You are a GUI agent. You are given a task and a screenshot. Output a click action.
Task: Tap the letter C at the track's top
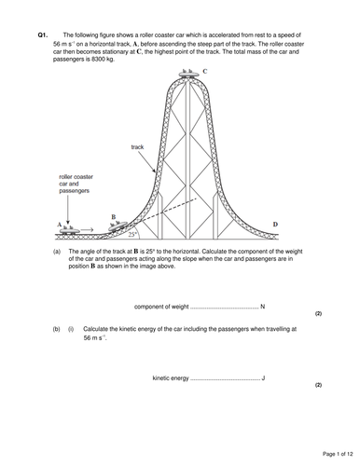205,71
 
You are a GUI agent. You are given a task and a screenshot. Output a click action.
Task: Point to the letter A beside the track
58,224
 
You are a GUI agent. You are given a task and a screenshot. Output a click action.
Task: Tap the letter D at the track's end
275,224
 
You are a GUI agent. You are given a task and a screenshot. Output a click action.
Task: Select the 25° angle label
133,234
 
